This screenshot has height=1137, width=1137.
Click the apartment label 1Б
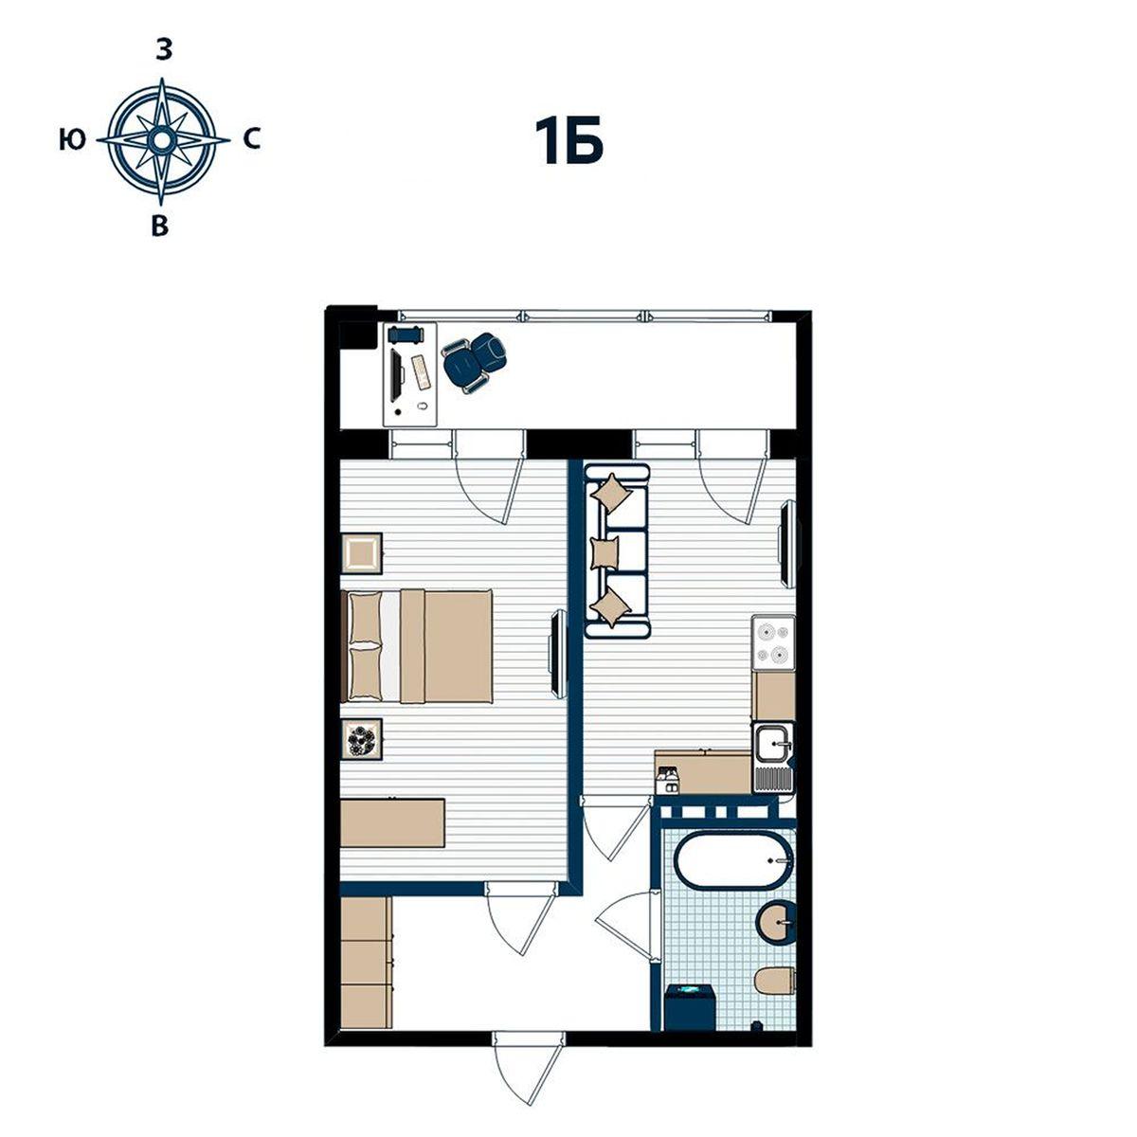(568, 140)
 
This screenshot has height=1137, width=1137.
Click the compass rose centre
(161, 140)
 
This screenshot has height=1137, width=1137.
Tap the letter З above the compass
(163, 50)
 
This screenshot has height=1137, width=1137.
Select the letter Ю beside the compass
(73, 140)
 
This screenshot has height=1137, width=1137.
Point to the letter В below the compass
(160, 226)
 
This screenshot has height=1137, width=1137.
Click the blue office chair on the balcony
(475, 361)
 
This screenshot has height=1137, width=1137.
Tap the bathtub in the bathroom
(732, 859)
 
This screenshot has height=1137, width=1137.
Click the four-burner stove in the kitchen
(773, 643)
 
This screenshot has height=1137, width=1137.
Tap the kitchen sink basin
(773, 743)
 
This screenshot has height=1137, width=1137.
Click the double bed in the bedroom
(417, 645)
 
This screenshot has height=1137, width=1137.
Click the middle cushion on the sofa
(605, 552)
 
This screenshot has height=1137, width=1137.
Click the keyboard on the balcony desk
(420, 371)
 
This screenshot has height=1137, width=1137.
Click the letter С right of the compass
(252, 140)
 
